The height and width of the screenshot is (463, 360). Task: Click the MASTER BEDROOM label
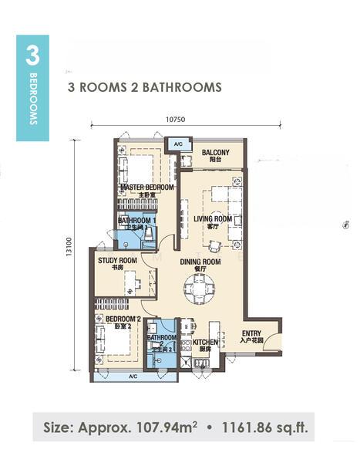click(146, 188)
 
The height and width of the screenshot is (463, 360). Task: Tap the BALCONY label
click(215, 153)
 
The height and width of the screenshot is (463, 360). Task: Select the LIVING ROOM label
click(213, 219)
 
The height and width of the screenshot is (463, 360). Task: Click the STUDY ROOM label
click(117, 261)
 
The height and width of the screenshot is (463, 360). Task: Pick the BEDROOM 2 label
click(123, 319)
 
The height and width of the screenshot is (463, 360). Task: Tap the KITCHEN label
click(206, 341)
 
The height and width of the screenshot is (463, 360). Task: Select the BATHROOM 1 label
click(137, 220)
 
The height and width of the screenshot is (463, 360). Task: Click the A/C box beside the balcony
click(177, 144)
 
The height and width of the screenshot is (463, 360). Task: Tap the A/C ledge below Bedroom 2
click(133, 376)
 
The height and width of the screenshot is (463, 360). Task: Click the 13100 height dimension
click(69, 253)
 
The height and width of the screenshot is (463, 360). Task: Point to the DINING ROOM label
click(200, 262)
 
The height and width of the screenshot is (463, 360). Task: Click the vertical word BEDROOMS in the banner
click(33, 100)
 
